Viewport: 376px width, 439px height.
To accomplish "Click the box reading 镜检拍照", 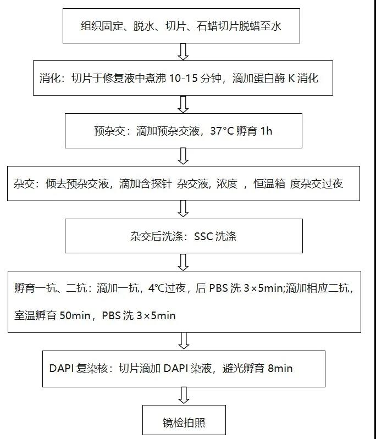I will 184,423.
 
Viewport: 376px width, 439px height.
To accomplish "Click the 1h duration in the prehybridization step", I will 261,131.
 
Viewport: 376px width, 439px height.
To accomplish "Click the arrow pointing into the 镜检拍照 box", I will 184,394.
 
